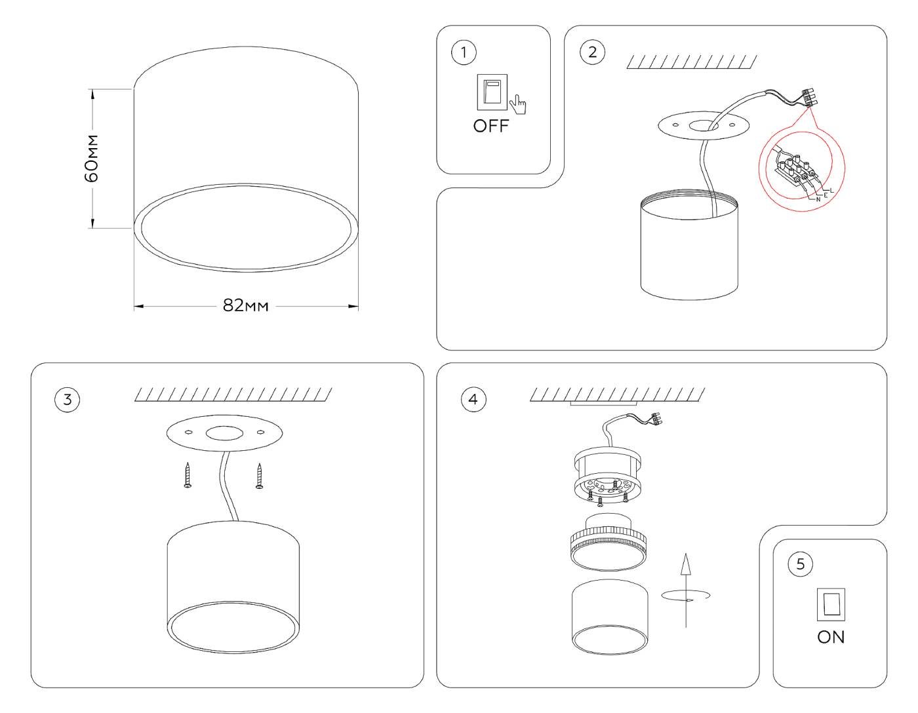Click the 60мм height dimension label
(93, 159)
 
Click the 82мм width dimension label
(246, 306)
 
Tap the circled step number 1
(464, 52)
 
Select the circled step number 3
(68, 400)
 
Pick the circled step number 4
(473, 399)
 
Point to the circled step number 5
(800, 564)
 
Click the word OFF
(491, 126)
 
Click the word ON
(831, 637)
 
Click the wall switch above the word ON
(831, 605)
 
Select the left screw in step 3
(188, 475)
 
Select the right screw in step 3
(260, 475)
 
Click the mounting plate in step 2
(702, 126)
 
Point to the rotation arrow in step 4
(686, 593)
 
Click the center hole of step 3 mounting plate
(224, 433)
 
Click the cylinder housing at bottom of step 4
(610, 617)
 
